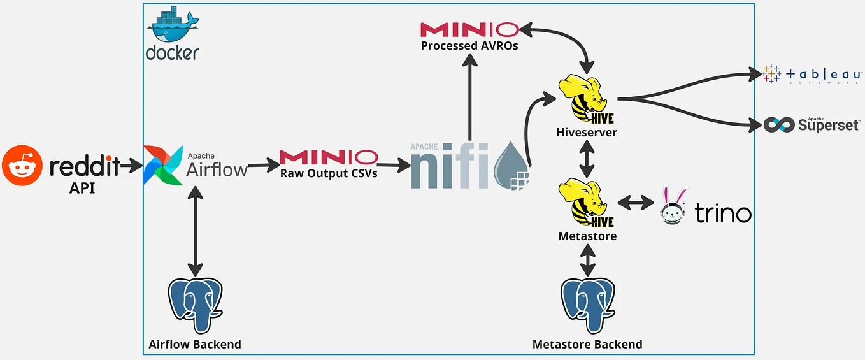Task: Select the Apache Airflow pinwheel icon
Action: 164,164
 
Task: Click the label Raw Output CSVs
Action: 328,172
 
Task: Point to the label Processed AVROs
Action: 469,45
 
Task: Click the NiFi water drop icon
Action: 513,164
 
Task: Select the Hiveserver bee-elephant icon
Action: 583,98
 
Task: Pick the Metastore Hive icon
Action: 584,203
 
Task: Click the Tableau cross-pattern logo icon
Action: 771,74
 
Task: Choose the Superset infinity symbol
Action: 780,124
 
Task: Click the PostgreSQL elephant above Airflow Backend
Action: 195,305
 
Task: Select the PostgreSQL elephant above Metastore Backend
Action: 587,305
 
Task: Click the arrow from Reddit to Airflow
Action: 132,167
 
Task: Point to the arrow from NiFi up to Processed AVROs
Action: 469,96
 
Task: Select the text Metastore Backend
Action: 587,345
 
